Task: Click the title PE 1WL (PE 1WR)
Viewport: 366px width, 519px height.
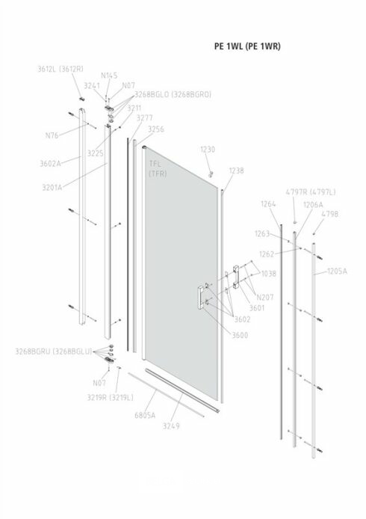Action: pos(247,46)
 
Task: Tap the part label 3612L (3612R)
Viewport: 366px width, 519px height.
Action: pos(61,69)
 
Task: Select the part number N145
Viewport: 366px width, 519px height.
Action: pos(109,76)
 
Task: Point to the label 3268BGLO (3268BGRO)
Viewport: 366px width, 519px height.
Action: pos(173,94)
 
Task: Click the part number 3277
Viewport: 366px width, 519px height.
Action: pos(145,118)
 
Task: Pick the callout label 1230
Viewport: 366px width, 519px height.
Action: pos(208,150)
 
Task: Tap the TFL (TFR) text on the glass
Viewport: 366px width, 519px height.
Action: pos(158,168)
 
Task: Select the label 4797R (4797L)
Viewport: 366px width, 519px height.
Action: pos(311,192)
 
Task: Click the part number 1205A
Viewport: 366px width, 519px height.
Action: pos(337,271)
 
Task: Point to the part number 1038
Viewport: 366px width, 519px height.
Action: pos(268,274)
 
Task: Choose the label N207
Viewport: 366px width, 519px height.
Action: pos(265,297)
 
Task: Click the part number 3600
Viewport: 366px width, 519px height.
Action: pos(240,335)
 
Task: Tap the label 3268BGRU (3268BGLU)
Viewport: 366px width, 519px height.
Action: pos(54,351)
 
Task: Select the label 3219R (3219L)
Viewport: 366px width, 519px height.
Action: pos(110,397)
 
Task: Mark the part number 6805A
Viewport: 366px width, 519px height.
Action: pos(145,415)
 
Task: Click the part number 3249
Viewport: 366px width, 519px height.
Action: pos(171,426)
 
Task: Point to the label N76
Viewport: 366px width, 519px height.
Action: pos(52,135)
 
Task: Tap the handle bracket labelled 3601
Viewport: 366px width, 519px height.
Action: pos(236,277)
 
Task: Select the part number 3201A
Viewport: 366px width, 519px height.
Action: pos(52,188)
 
